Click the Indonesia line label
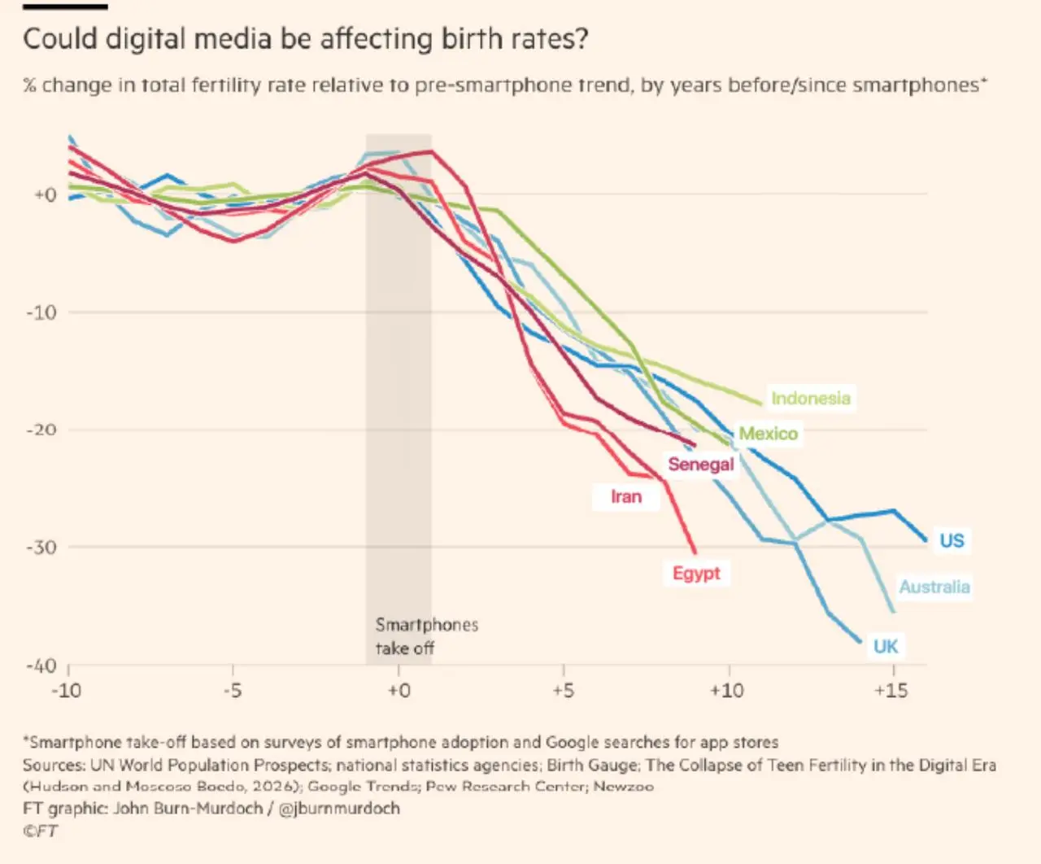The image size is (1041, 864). pyautogui.click(x=811, y=398)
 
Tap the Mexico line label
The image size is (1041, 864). pyautogui.click(x=769, y=433)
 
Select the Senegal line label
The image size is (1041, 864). pyautogui.click(x=701, y=464)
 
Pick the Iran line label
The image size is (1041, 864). pyautogui.click(x=626, y=496)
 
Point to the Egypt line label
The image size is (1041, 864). pyautogui.click(x=696, y=574)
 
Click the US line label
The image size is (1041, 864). pyautogui.click(x=952, y=540)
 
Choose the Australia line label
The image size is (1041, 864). pyautogui.click(x=934, y=587)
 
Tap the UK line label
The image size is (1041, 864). pyautogui.click(x=886, y=647)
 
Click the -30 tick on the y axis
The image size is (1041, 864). pyautogui.click(x=41, y=548)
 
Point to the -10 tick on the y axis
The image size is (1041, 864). pyautogui.click(x=41, y=312)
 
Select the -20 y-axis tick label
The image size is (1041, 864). pyautogui.click(x=41, y=430)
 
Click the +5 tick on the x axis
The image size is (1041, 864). pyautogui.click(x=564, y=691)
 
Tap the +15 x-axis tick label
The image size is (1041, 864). pyautogui.click(x=891, y=691)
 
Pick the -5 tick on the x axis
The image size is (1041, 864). pyautogui.click(x=233, y=691)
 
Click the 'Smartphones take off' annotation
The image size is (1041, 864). pyautogui.click(x=427, y=636)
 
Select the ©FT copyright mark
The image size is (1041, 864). pyautogui.click(x=41, y=831)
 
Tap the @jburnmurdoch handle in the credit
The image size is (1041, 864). pyautogui.click(x=339, y=808)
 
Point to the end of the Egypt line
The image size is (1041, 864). pyautogui.click(x=695, y=552)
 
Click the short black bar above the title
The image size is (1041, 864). pyautogui.click(x=65, y=7)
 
